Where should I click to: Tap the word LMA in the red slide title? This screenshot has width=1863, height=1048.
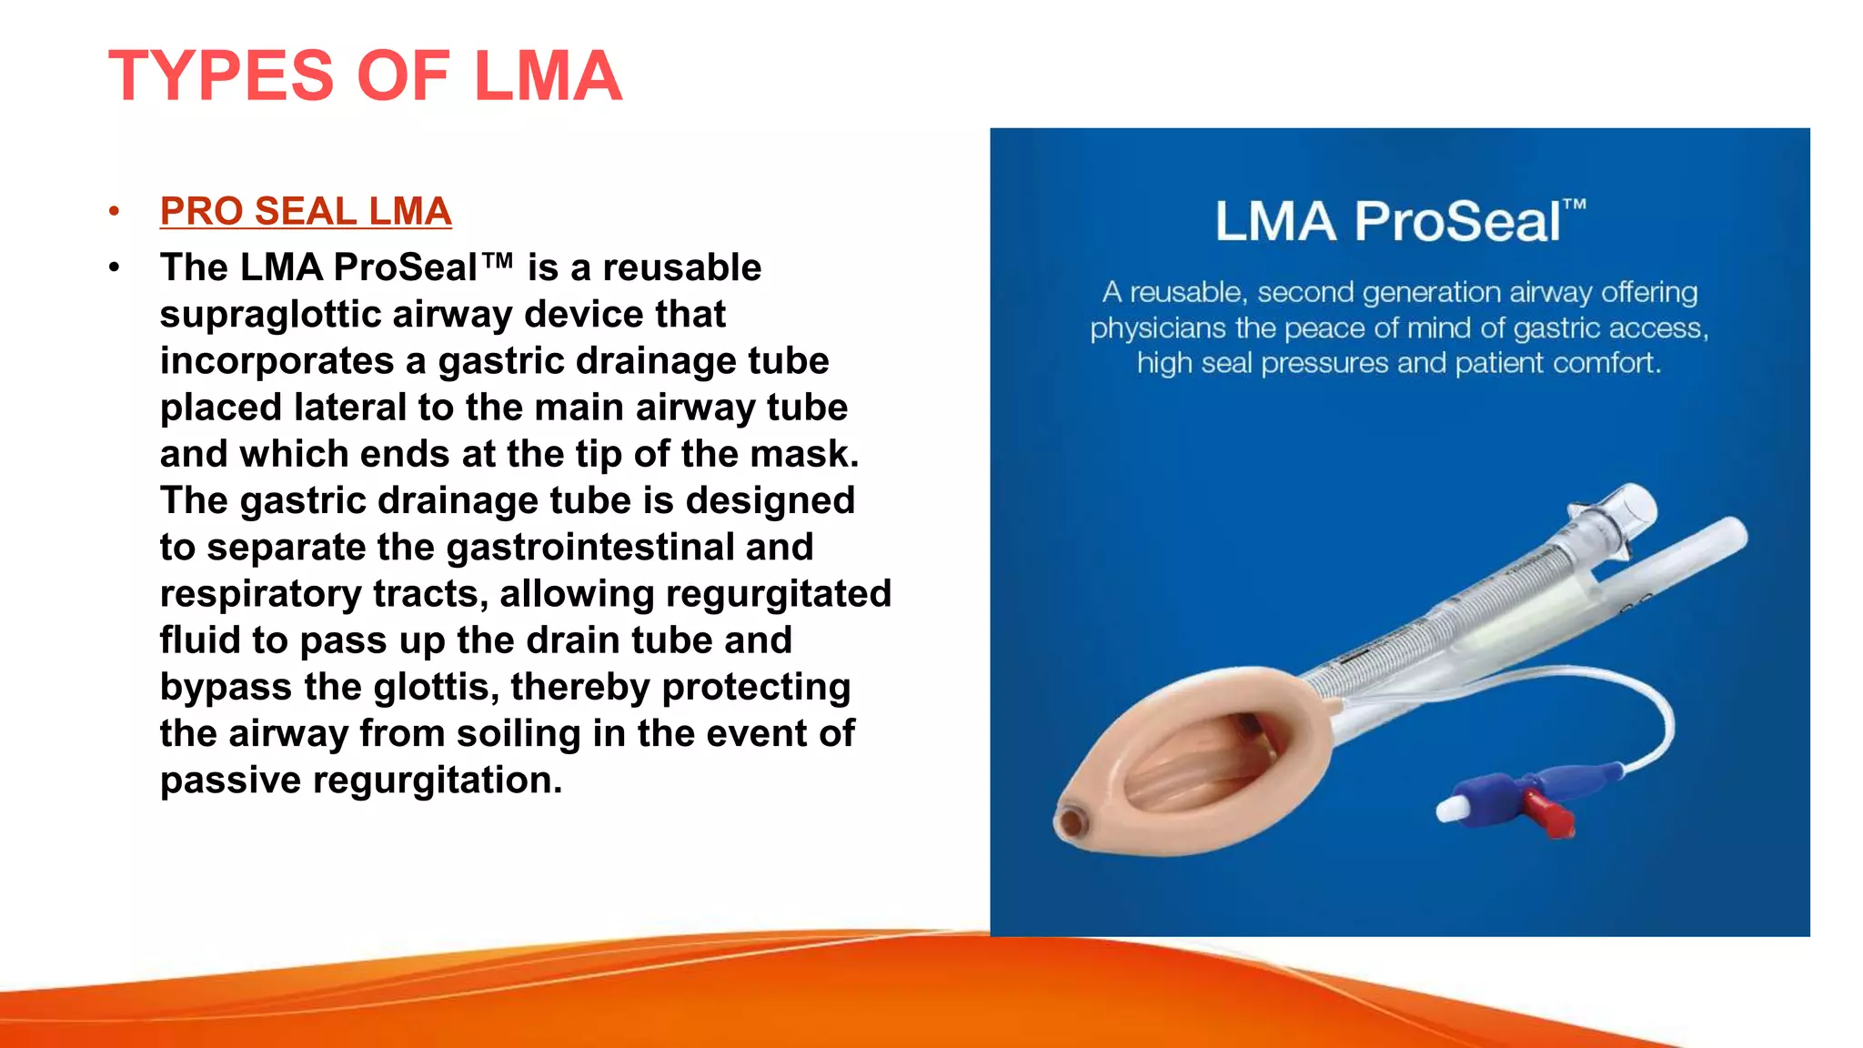click(x=548, y=76)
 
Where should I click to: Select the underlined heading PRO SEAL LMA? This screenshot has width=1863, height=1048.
click(x=306, y=211)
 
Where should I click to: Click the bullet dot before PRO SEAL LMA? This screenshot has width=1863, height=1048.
click(x=114, y=212)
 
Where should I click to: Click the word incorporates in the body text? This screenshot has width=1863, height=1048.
click(x=277, y=361)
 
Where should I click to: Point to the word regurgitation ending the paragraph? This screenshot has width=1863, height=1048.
click(x=437, y=781)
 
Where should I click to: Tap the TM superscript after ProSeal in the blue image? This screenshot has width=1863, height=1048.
click(x=1576, y=205)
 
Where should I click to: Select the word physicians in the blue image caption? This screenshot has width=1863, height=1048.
click(x=1158, y=327)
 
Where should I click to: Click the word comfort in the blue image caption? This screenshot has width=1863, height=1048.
click(x=1606, y=363)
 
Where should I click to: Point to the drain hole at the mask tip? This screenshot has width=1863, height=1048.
click(x=1071, y=822)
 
